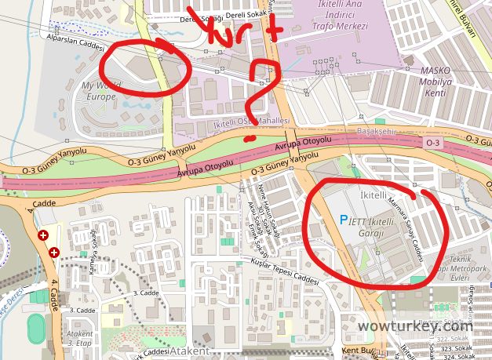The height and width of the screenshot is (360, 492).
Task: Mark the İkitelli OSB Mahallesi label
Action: pos(251,124)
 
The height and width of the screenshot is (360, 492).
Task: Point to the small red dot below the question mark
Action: pos(249,139)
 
